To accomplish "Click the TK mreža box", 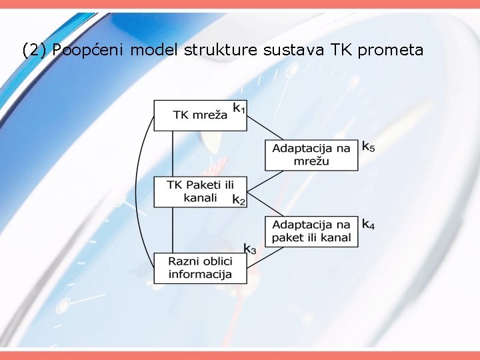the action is tap(200, 115).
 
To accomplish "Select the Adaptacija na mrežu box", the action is tap(311, 155).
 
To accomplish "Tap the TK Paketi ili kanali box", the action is tap(200, 191).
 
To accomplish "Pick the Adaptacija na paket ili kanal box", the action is tap(311, 231).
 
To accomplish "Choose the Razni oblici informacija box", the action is tap(200, 268).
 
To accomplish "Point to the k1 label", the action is tap(239, 107).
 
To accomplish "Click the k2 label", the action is tap(239, 199).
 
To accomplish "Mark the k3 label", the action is tap(249, 249).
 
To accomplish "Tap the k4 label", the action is tap(368, 224).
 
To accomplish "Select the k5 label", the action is tap(368, 145).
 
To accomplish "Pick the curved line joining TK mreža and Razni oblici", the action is tap(137, 193).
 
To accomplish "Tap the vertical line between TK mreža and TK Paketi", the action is tap(173, 153).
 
